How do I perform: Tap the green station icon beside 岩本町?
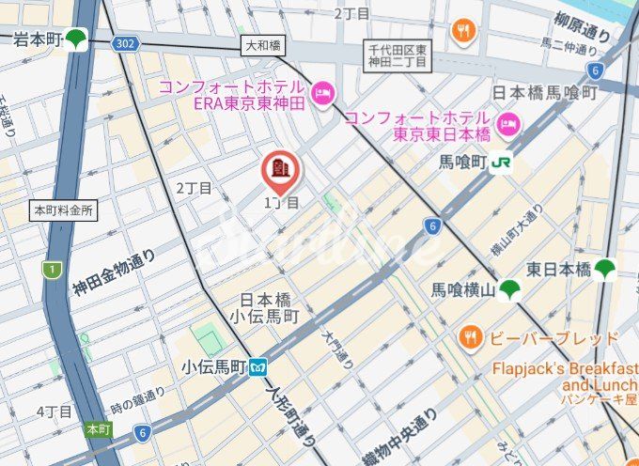click(x=76, y=39)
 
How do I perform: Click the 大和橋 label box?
click(x=263, y=45)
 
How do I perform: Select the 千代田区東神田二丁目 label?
click(x=397, y=54)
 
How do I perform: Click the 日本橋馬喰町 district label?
click(x=545, y=92)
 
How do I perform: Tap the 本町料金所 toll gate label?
click(x=63, y=210)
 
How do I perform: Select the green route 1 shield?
click(x=50, y=271)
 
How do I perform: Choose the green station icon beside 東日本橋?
click(x=605, y=270)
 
